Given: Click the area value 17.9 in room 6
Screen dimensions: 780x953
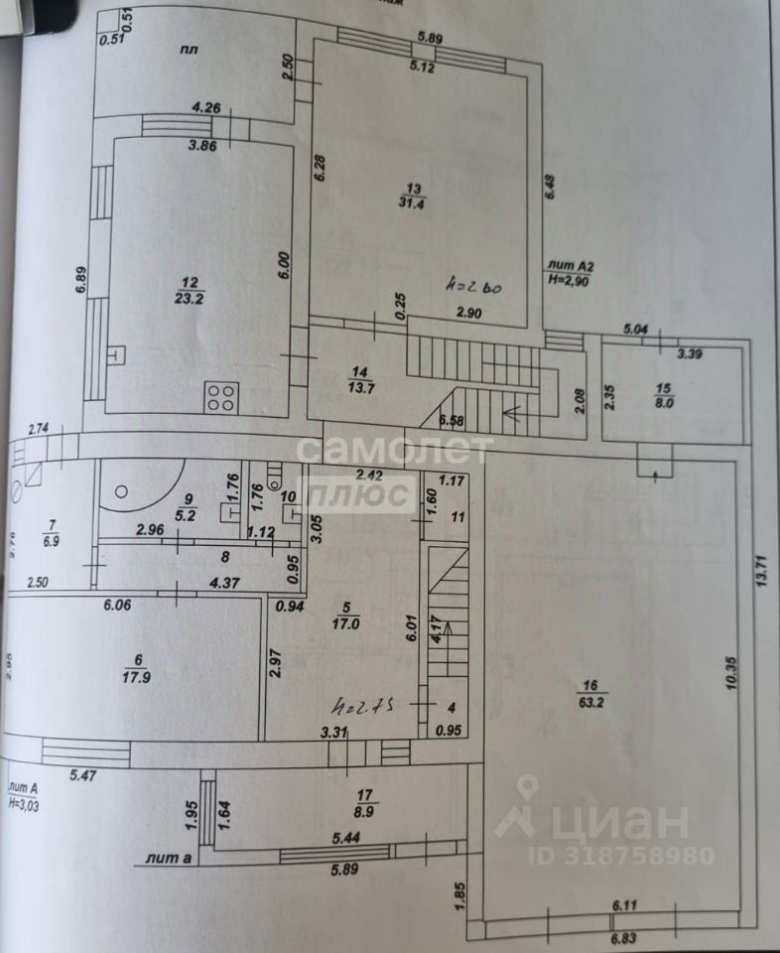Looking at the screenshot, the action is point(139,679).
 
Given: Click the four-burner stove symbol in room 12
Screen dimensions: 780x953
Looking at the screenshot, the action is point(220,397).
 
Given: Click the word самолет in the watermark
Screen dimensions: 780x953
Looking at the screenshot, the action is point(394,451).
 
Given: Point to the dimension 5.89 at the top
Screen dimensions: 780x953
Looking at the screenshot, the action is point(429,37).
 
